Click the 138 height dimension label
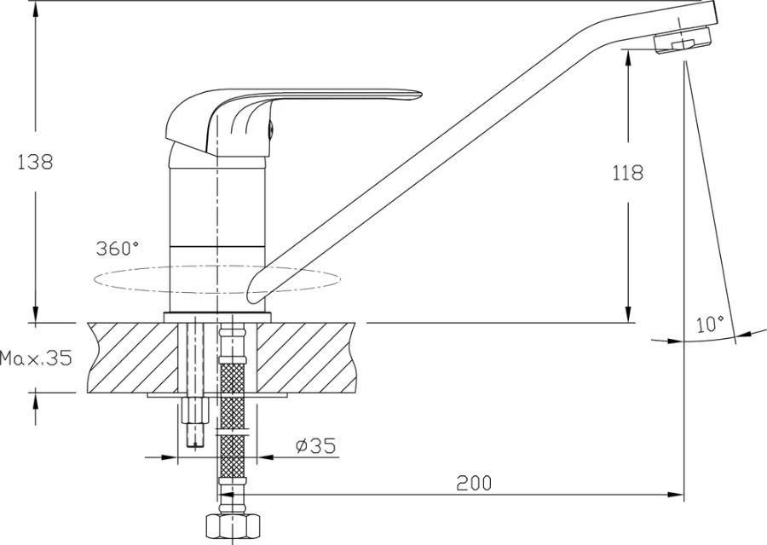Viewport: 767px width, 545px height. coord(35,162)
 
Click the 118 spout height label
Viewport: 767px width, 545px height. coord(627,173)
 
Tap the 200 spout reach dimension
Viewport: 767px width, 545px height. coord(474,483)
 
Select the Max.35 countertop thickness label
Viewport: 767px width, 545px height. coord(36,359)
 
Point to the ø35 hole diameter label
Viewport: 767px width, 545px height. coord(316,445)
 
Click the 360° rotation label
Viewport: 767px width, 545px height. coord(117,249)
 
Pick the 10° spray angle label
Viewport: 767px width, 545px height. coord(710,324)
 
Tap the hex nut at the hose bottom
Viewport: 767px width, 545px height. coord(231,527)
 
